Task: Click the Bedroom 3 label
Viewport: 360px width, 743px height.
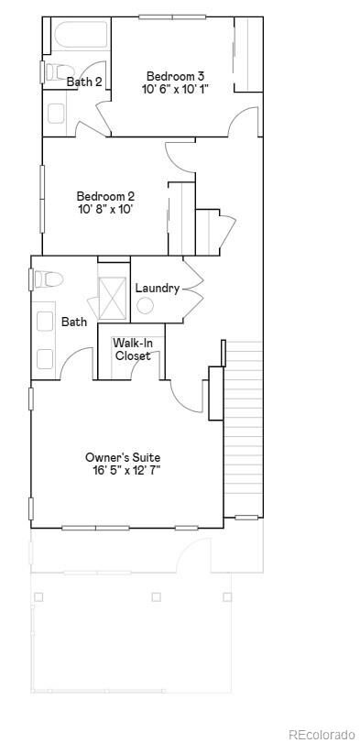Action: pos(175,76)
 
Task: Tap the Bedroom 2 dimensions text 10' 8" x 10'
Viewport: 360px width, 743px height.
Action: pos(106,209)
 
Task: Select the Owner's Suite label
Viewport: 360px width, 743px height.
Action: pos(123,458)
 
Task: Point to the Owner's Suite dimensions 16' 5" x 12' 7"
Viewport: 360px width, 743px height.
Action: pos(126,471)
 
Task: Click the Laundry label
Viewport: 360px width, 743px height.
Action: pos(158,288)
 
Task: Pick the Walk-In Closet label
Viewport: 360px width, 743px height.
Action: pos(133,349)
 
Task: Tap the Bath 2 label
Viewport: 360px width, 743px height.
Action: pos(84,82)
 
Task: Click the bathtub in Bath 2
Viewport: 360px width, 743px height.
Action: pos(81,36)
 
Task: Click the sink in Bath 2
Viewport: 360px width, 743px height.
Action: pos(56,114)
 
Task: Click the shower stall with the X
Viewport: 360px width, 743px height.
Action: pos(113,298)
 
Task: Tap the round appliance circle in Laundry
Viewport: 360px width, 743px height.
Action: pos(145,306)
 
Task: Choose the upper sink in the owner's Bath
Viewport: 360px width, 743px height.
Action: pos(45,321)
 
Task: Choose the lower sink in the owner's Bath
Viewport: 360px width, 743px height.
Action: pos(45,359)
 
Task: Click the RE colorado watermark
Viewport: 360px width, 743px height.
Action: pos(322,735)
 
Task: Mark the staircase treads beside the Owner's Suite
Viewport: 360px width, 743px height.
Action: pos(243,429)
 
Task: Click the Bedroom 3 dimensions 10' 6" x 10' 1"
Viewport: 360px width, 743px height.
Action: pos(175,89)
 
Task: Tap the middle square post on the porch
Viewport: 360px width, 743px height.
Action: pos(156,597)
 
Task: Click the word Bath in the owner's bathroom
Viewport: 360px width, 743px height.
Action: pos(74,322)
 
